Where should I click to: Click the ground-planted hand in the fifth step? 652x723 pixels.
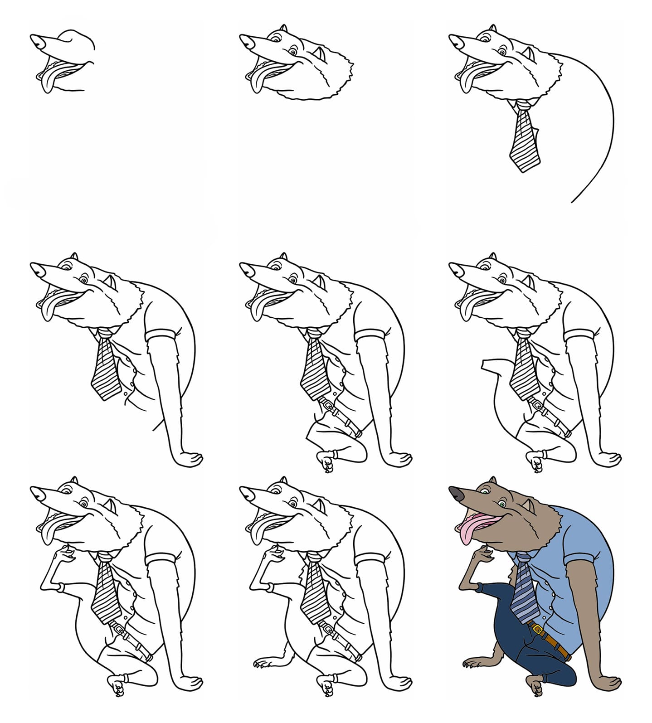399,458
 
